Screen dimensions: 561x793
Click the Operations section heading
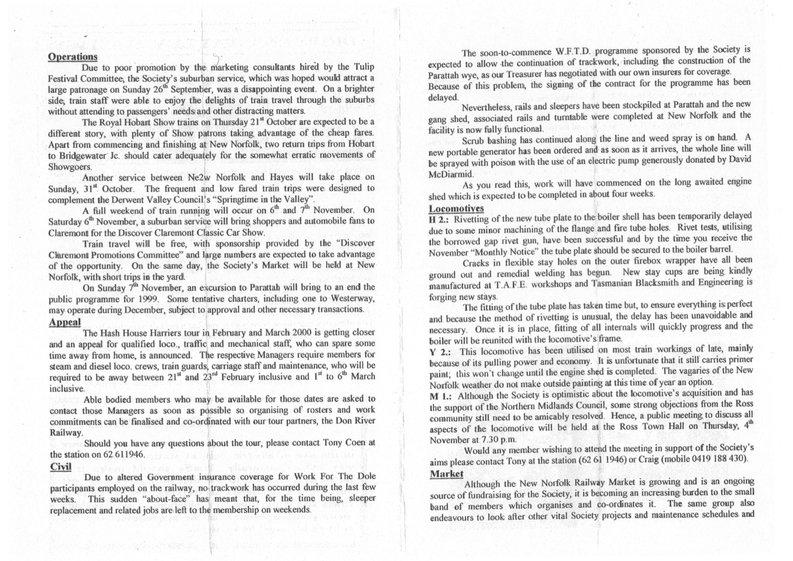73,57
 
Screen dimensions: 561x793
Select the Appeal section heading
64,322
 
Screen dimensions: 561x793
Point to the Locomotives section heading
456,209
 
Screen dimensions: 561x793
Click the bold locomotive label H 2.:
440,220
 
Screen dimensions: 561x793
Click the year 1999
148,298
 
